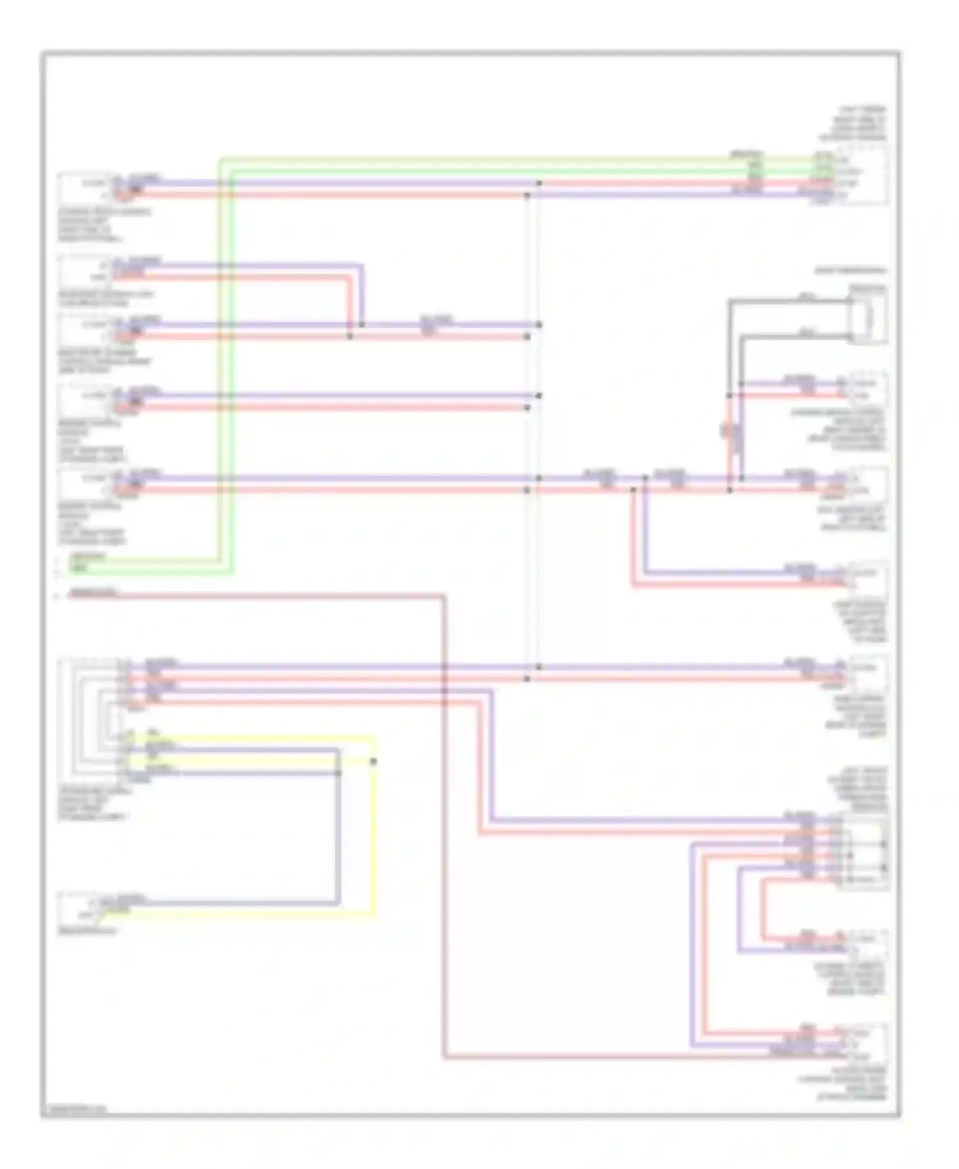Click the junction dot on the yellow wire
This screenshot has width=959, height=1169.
(373, 761)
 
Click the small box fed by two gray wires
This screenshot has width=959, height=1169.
(868, 315)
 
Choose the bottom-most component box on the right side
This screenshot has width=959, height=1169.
(866, 1043)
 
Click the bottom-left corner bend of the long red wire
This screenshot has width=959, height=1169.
(444, 1058)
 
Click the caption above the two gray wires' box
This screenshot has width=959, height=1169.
(850, 271)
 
